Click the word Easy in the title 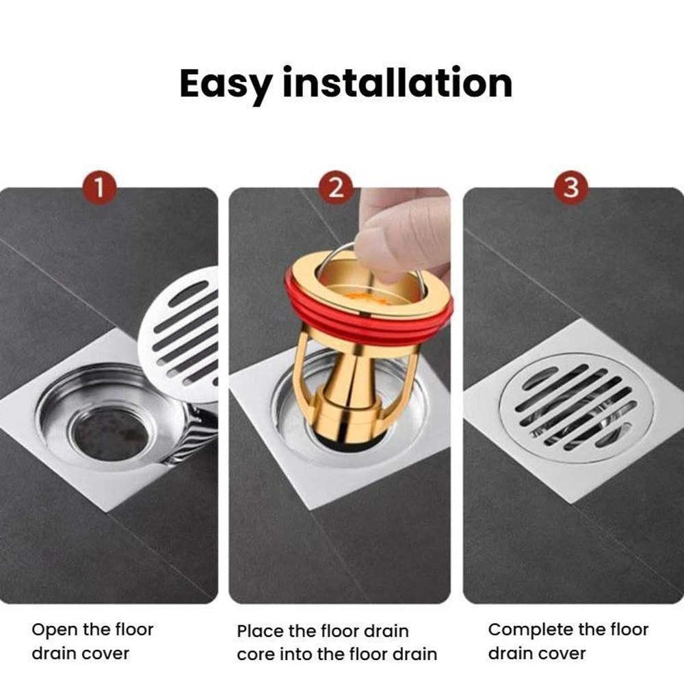click(225, 83)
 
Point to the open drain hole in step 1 click(108, 432)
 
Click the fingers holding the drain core click(400, 233)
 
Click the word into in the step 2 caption click(298, 654)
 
